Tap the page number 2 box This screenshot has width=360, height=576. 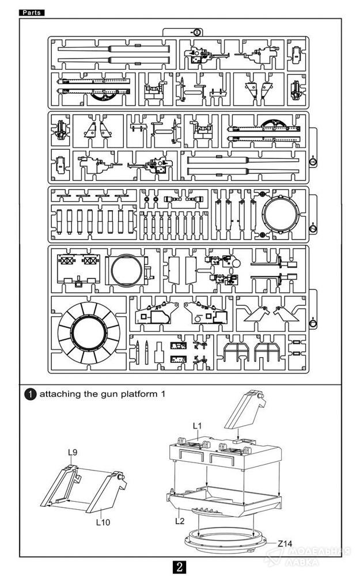[x=180, y=566]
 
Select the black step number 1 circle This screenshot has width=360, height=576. [x=30, y=395]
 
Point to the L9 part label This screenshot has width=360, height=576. [x=73, y=453]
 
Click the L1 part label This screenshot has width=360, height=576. [x=196, y=426]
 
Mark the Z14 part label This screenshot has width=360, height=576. [x=285, y=543]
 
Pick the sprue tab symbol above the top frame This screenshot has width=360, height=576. [x=198, y=32]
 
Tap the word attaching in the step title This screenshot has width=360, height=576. [x=60, y=395]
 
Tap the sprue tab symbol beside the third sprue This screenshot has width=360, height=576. [x=313, y=229]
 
